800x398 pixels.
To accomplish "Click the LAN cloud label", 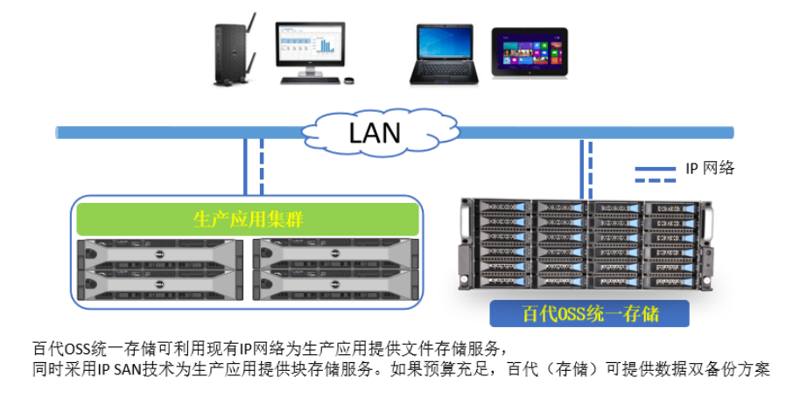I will point(374,133).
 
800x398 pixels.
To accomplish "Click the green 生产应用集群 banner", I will point(248,219).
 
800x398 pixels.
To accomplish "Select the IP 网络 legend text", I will point(711,168).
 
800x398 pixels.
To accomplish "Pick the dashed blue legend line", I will point(656,181).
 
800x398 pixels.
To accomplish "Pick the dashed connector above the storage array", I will point(593,168).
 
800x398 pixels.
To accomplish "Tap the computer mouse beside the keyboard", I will point(349,81).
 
